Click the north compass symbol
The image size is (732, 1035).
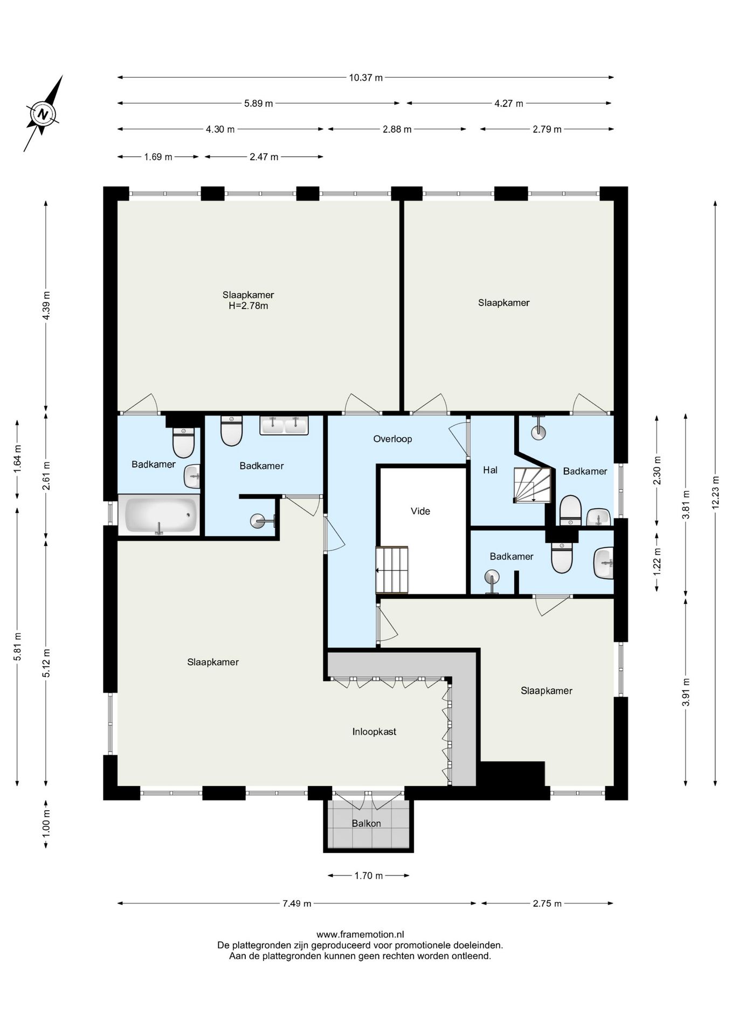(x=43, y=114)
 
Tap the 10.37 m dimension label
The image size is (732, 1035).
(x=365, y=78)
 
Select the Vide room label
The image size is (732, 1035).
(x=420, y=511)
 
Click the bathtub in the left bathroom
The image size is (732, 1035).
(x=160, y=515)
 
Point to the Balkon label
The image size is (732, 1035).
(x=367, y=823)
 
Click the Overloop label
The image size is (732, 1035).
(x=392, y=439)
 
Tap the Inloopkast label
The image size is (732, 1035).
(x=374, y=732)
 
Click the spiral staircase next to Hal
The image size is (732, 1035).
(x=532, y=485)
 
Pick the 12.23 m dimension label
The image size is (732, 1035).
(x=715, y=492)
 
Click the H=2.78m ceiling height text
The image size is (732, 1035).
(x=248, y=306)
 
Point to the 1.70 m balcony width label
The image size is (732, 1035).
(x=369, y=875)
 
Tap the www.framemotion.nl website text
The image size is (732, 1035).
(x=360, y=934)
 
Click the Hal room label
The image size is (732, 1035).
(x=490, y=470)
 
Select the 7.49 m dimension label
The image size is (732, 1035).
(x=297, y=903)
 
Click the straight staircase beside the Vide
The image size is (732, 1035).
(x=392, y=570)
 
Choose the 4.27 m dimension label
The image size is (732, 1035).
(x=509, y=103)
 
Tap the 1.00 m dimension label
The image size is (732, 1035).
(x=46, y=824)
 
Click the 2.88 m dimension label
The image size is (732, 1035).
(x=397, y=129)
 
